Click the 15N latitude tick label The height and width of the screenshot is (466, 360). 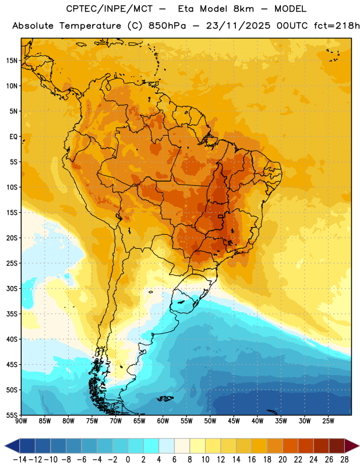point(12,61)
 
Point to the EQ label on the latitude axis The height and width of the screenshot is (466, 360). point(13,137)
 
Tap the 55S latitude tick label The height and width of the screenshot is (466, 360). point(12,415)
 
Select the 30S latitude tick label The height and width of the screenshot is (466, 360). point(12,288)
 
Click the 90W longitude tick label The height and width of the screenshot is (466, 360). point(21,421)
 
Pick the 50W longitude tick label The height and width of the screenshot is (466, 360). point(210,421)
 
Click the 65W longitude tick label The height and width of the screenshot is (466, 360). point(139,421)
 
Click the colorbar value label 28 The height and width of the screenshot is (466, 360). point(344,460)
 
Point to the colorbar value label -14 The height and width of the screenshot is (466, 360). point(20,460)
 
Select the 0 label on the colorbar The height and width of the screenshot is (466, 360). point(128,460)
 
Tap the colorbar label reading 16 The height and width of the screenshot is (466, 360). point(252,460)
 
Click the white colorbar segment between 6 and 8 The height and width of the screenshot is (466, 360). point(182,446)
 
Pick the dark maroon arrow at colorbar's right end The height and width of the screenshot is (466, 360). point(352,446)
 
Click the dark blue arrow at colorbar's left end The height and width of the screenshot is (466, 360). point(12,446)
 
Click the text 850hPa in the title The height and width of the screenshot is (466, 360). point(167,26)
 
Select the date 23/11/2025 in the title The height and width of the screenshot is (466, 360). point(238,26)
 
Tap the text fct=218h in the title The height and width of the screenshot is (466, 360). point(337,26)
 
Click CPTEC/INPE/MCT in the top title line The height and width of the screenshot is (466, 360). point(109,9)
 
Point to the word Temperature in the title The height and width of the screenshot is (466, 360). point(90,26)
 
